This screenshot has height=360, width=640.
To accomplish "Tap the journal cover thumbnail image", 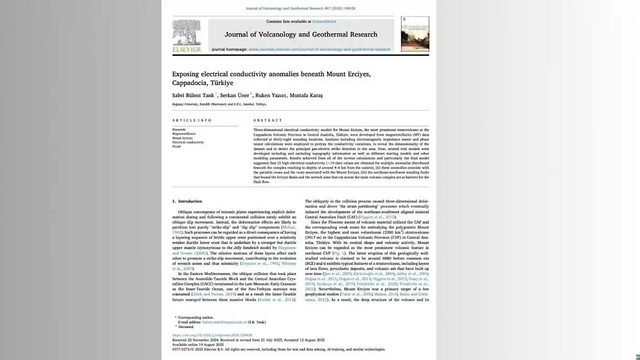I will tap(415, 34).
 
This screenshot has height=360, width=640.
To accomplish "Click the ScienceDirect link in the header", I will tap(324, 22).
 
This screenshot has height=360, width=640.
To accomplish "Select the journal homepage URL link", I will tap(319, 49).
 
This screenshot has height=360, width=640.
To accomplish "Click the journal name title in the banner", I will tap(301, 35).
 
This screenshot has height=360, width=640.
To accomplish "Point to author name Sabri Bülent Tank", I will tap(193, 96).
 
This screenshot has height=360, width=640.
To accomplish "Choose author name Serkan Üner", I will tap(235, 96).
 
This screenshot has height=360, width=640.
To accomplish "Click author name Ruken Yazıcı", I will tap(270, 96).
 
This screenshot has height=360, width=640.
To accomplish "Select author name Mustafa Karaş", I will tap(306, 96).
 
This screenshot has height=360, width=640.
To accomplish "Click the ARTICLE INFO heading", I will tap(192, 120).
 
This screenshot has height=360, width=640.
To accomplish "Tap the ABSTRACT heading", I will tap(267, 120).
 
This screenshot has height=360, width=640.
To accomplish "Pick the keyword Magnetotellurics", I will tap(184, 134).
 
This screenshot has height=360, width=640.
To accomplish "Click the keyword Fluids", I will tap(176, 146).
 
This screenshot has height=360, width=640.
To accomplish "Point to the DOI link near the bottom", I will tap(212, 335).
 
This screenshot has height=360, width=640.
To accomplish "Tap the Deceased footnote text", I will tap(186, 326).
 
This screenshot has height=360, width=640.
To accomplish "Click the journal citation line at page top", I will tap(300, 8).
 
